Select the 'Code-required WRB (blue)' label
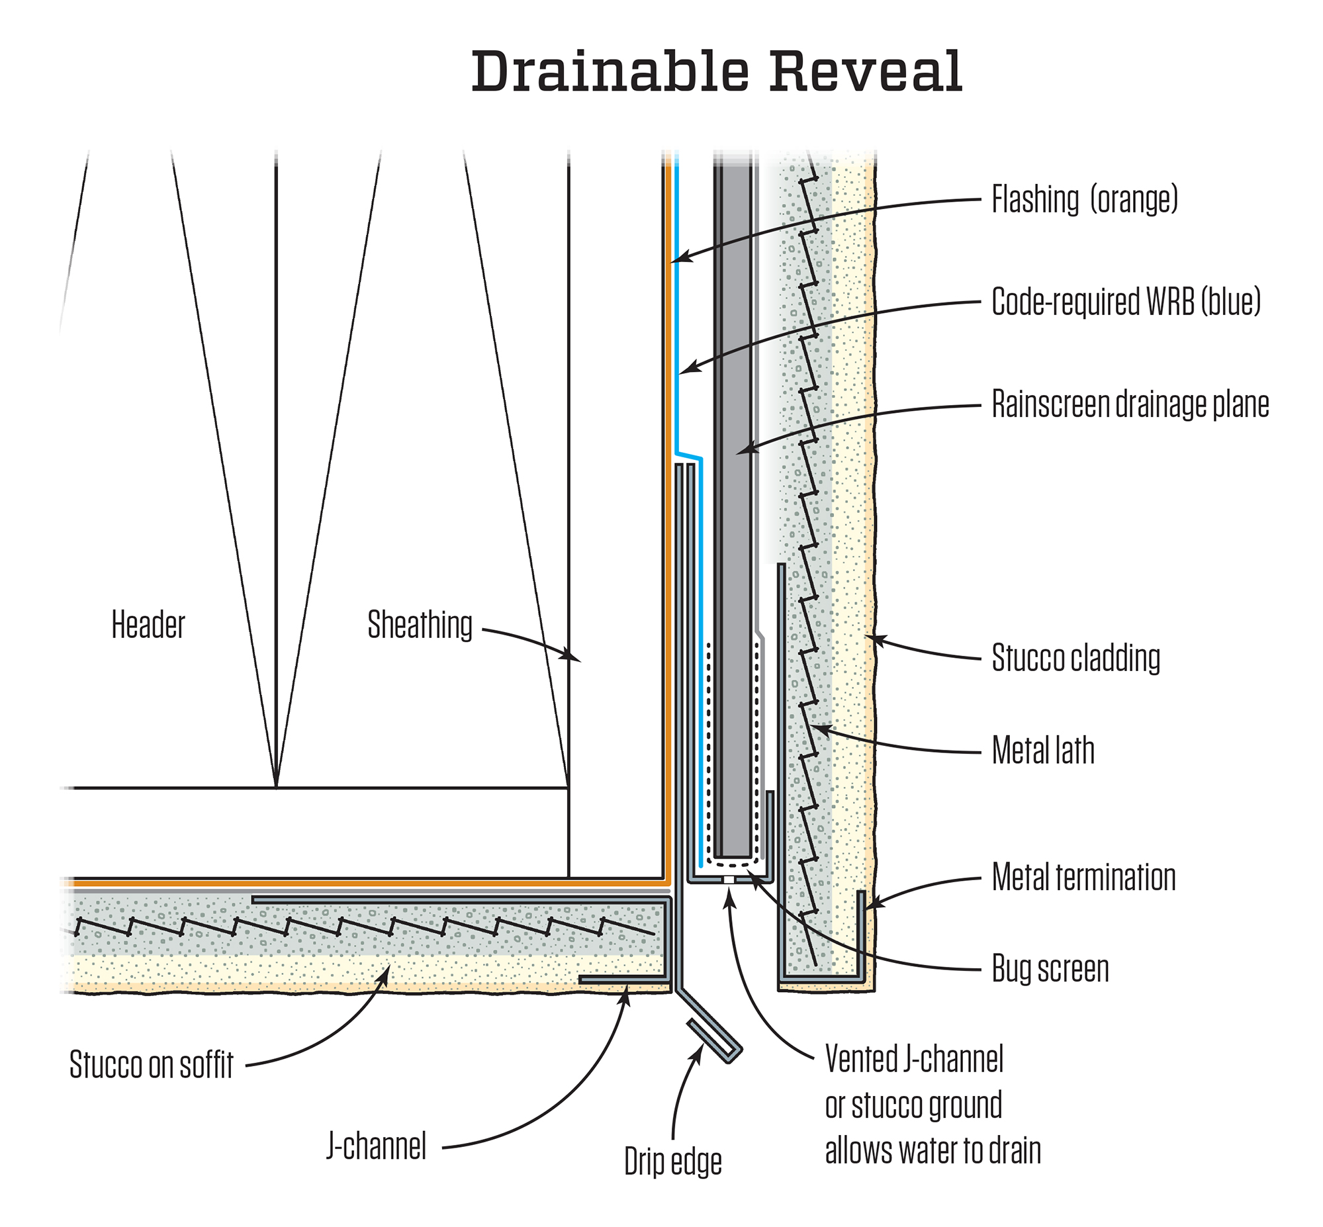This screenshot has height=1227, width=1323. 1125,302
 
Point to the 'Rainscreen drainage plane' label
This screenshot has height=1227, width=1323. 1130,404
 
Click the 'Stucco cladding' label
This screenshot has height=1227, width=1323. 1075,658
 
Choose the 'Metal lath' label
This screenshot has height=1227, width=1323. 1042,751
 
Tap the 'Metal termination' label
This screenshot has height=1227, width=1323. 1083,877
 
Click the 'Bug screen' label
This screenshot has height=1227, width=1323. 1050,969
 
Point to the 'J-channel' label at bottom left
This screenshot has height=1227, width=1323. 377,1146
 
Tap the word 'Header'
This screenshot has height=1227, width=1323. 148,625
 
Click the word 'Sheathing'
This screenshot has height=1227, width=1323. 420,625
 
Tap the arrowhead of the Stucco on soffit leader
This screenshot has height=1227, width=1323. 384,974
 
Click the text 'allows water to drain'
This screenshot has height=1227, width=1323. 933,1151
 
